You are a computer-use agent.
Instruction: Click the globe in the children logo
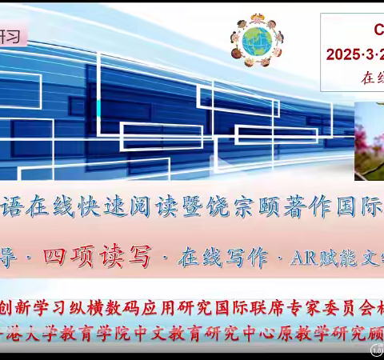[257, 41]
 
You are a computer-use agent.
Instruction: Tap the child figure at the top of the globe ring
[257, 18]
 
